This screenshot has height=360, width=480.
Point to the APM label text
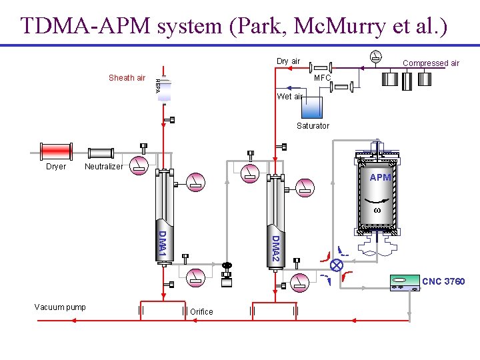[380, 177]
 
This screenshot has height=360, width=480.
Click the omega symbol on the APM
[377, 210]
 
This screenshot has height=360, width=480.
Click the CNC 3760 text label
[443, 281]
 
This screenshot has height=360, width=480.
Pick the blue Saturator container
[311, 107]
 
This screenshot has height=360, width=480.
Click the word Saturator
[313, 126]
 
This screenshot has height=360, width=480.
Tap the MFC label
[323, 78]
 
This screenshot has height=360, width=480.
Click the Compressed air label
[431, 63]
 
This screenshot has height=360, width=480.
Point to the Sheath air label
[127, 78]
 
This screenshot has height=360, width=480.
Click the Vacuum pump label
[60, 307]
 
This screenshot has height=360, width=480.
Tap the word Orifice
[201, 312]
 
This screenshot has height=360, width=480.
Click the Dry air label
[288, 61]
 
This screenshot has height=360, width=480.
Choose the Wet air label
[289, 97]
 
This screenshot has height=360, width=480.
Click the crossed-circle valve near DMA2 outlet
[337, 265]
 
